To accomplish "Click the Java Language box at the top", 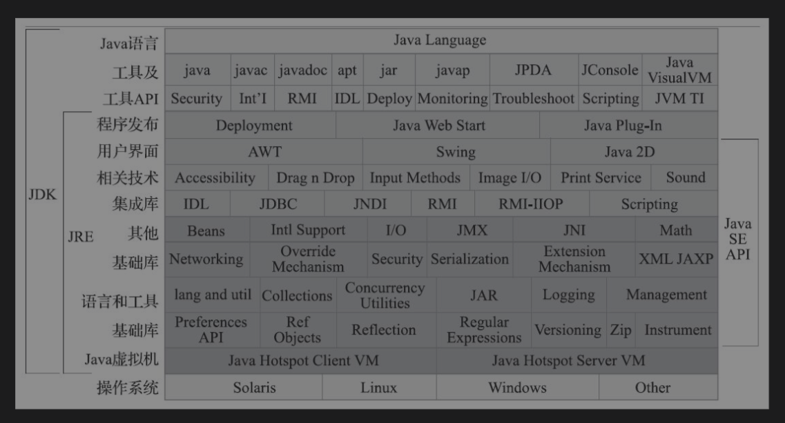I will [440, 40].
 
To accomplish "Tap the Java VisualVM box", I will [679, 70].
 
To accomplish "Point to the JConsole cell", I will [609, 70].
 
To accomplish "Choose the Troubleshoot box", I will [533, 99].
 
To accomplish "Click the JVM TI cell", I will [679, 99].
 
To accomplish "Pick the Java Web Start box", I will [438, 126].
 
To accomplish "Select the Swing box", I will [456, 152].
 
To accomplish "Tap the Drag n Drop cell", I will [315, 178].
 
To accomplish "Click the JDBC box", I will [278, 204].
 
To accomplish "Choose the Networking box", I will [206, 259].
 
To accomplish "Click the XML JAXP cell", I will [676, 259].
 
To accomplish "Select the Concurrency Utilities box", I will [385, 295].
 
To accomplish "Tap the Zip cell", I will [620, 331].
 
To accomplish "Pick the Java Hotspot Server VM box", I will [568, 360].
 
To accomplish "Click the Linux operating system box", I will [378, 388].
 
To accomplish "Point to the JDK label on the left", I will [42, 195].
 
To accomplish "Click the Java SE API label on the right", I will [737, 239].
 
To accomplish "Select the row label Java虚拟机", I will [122, 360].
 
